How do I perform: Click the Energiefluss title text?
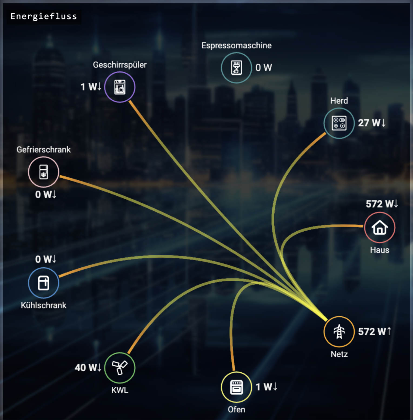pos(44,17)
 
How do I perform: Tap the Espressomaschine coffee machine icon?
pos(237,68)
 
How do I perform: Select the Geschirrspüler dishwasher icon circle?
pos(120,87)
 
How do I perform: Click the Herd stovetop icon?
pos(339,123)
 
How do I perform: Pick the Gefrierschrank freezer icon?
pos(44,172)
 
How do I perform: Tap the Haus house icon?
pos(380,227)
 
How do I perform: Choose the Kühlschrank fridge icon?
pos(44,283)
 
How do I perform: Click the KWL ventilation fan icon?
pos(120,368)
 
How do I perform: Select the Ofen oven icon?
pos(237,387)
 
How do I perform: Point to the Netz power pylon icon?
pos(339,332)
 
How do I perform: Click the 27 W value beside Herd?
pos(372,123)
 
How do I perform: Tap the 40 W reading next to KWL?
pos(88,367)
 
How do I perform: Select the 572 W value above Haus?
pos(382,204)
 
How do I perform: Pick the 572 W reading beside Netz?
pos(375,332)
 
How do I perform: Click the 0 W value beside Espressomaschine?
pos(264,68)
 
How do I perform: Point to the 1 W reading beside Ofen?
pos(267,387)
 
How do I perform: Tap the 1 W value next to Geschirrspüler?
pos(91,87)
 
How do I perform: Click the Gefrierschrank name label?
pos(44,150)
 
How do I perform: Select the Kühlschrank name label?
pos(44,305)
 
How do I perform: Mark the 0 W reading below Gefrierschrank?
pos(46,194)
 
